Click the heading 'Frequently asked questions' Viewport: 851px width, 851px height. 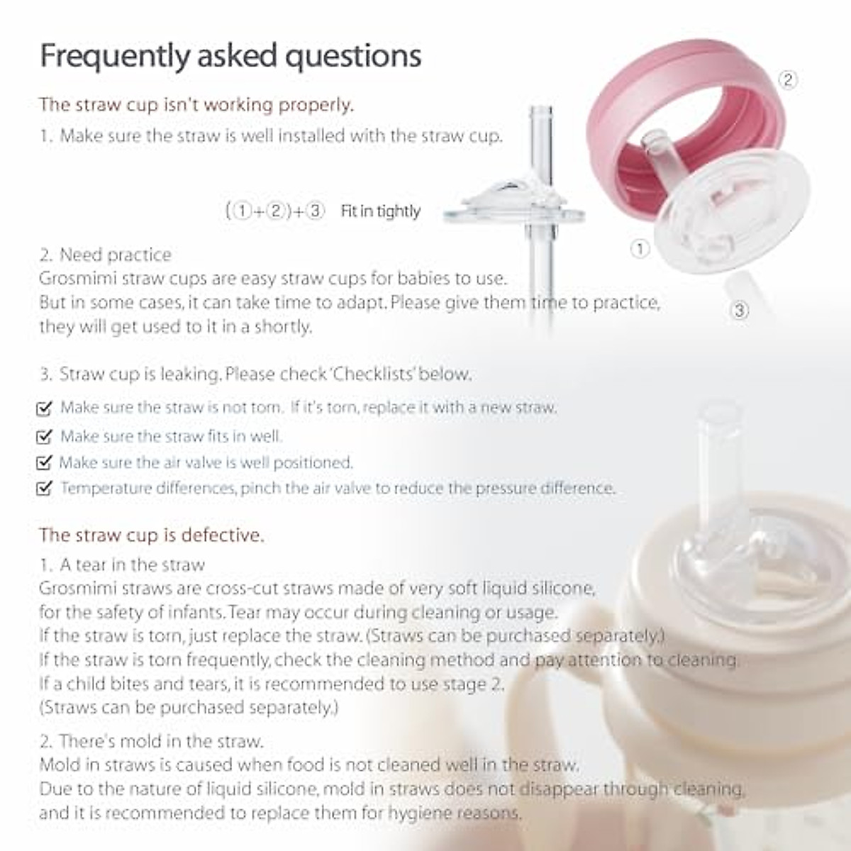(230, 56)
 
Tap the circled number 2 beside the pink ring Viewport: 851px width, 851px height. (788, 79)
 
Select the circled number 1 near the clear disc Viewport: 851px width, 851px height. (640, 248)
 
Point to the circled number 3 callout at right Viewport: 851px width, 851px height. (740, 311)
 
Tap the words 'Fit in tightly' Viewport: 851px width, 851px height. (380, 211)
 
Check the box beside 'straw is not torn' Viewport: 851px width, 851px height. (44, 408)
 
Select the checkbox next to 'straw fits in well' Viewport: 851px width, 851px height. (44, 437)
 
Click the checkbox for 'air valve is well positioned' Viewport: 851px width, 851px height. (44, 463)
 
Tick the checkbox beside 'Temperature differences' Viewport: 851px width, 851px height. (44, 489)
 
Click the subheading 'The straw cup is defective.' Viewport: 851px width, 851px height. (151, 535)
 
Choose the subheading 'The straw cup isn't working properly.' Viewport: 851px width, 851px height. (196, 105)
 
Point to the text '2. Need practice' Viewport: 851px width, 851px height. (106, 255)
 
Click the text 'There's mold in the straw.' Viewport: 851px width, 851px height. (161, 742)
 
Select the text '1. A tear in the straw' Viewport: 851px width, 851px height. (122, 565)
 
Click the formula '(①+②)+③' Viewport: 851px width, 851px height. (275, 211)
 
